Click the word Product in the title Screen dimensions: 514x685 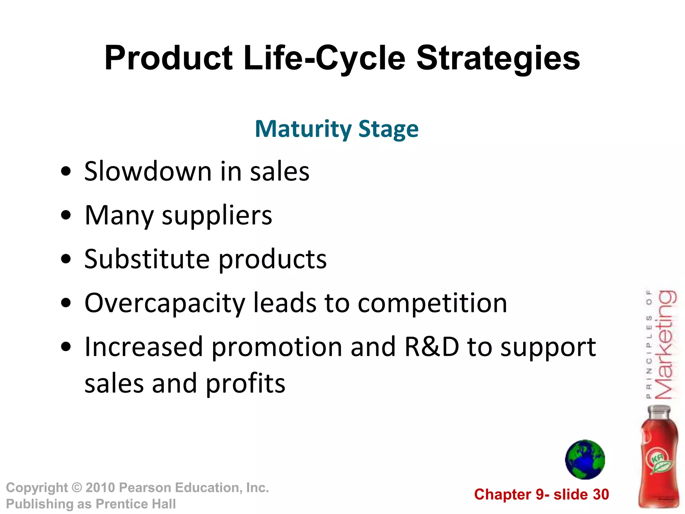pos(168,59)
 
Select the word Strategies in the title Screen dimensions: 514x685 pos(498,59)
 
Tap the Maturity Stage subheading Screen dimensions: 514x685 pos(336,129)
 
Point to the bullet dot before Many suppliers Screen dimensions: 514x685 pos(66,215)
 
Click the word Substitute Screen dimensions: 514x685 pos(147,259)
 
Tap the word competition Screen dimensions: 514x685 pos(432,303)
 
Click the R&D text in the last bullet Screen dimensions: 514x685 pos(431,347)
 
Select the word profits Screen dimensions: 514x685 pos(245,383)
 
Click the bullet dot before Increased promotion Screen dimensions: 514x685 pos(66,347)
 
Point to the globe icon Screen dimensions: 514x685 pos(585,459)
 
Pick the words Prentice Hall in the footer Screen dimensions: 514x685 pos(135,504)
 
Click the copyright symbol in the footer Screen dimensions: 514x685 pos(77,488)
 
